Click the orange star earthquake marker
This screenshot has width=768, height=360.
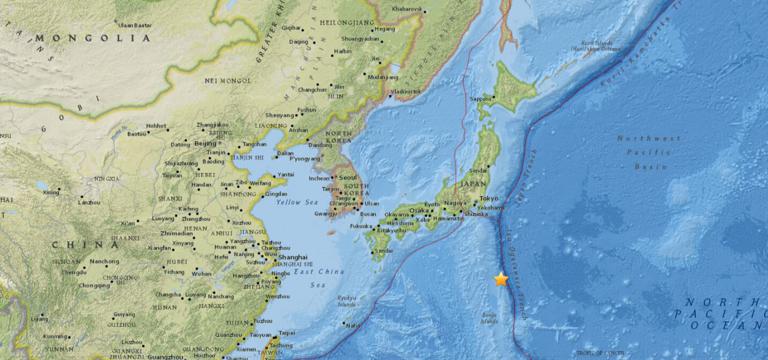[x=501, y=280]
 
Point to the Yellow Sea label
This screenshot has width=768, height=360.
[x=297, y=202]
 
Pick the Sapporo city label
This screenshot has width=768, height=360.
[x=483, y=99]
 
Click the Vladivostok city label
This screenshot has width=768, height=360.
[x=406, y=91]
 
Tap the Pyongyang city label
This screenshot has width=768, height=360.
[x=306, y=158]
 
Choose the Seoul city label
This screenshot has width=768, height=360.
[x=350, y=179]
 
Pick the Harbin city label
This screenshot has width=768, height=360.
[x=343, y=51]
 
